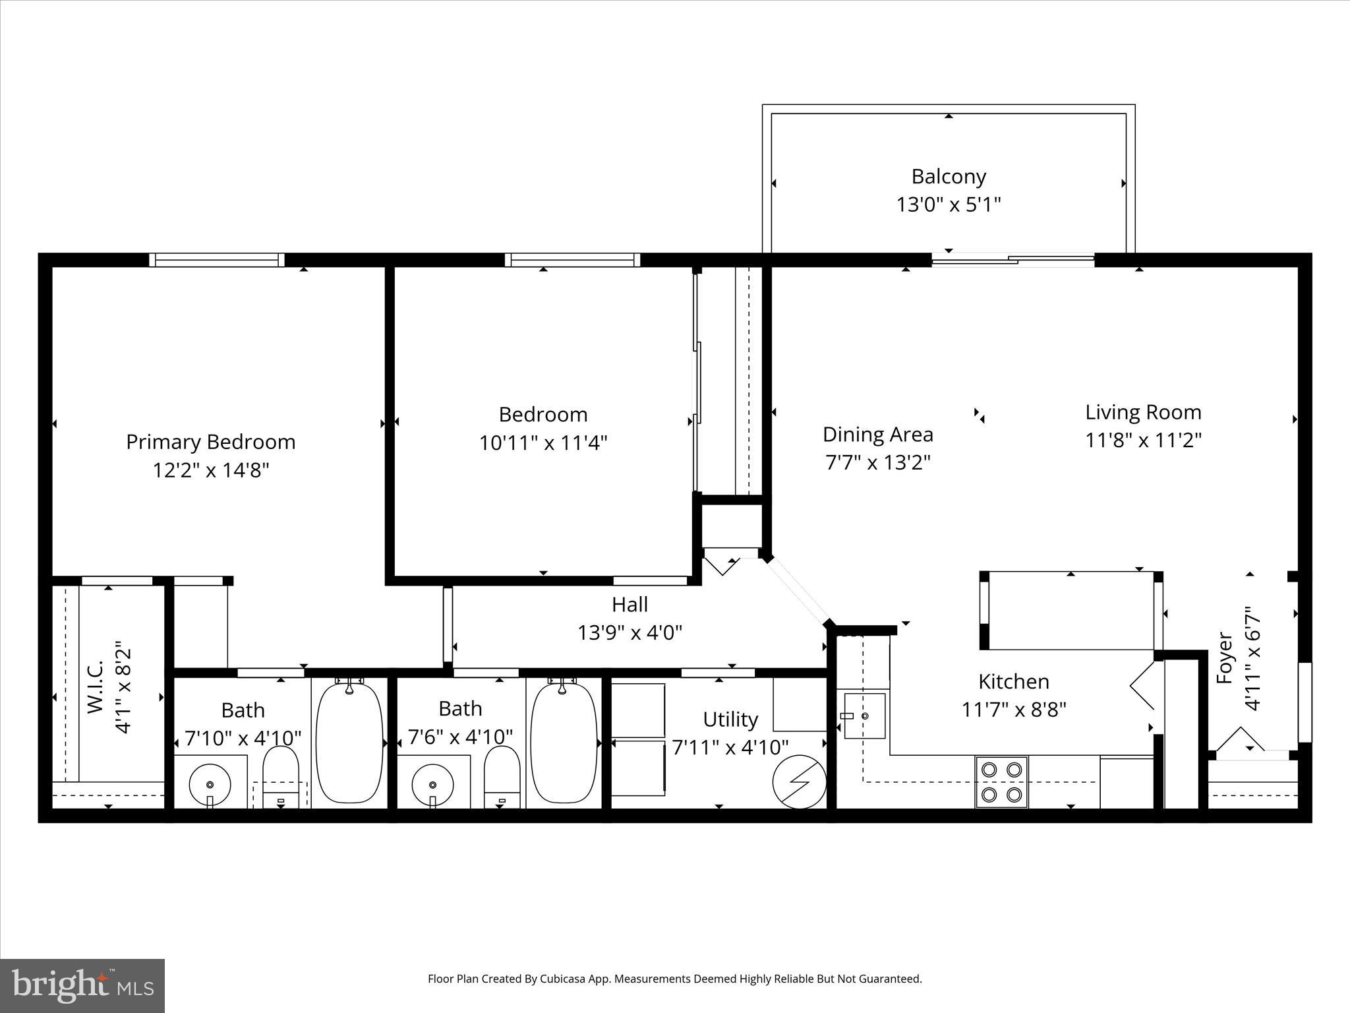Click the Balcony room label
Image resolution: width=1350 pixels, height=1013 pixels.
[948, 177]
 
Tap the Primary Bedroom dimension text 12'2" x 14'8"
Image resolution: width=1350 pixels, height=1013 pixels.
[211, 470]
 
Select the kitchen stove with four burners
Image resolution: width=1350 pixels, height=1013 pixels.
[1001, 782]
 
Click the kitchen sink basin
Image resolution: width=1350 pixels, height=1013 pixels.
[864, 716]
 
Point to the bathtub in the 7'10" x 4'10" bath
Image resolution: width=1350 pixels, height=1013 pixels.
[349, 743]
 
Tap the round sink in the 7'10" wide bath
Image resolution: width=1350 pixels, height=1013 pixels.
[210, 784]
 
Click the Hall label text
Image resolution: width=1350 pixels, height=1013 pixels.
[630, 604]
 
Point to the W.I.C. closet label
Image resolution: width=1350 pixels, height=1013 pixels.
[96, 686]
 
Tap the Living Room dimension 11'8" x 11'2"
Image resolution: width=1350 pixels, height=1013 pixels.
[1144, 440]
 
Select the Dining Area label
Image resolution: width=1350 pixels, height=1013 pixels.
[877, 435]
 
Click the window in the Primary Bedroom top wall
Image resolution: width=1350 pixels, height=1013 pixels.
[217, 260]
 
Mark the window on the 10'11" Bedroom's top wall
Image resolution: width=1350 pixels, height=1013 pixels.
[572, 260]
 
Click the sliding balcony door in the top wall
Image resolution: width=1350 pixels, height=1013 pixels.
[1012, 260]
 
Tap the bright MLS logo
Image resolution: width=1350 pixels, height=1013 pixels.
[82, 985]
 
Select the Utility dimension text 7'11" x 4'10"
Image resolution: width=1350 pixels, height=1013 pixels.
[730, 747]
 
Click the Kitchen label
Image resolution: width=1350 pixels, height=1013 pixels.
[1013, 681]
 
